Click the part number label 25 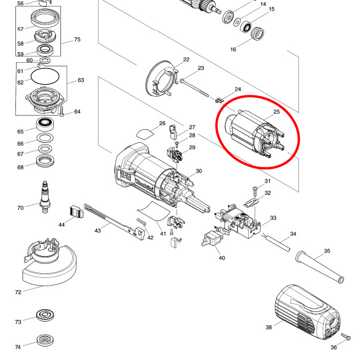(x=276, y=112)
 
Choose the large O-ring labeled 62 (x=44, y=76)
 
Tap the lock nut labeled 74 (x=44, y=341)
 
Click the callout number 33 (x=273, y=218)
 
